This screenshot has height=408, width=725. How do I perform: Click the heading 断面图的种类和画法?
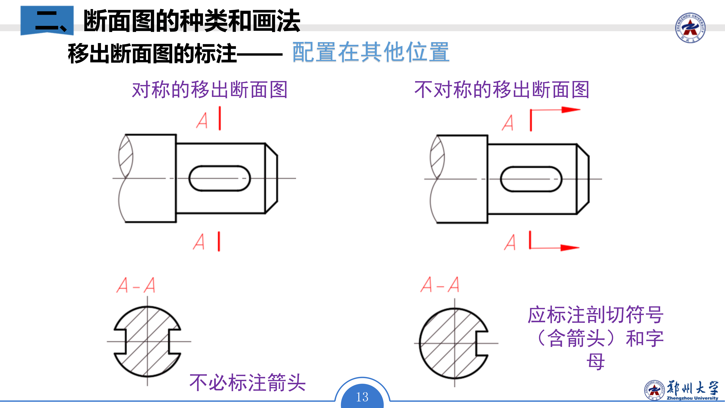pyautogui.click(x=192, y=21)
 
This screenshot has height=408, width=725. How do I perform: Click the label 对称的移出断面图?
pyautogui.click(x=210, y=90)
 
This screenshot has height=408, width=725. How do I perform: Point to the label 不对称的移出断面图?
pyautogui.click(x=502, y=90)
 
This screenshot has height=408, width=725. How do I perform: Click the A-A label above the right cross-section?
pyautogui.click(x=440, y=285)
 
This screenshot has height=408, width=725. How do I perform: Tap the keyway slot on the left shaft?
pyautogui.click(x=220, y=178)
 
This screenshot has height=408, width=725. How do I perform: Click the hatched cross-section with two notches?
pyautogui.click(x=147, y=342)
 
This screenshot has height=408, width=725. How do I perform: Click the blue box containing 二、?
pyautogui.click(x=47, y=20)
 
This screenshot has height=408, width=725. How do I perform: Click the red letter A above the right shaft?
pyautogui.click(x=508, y=123)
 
